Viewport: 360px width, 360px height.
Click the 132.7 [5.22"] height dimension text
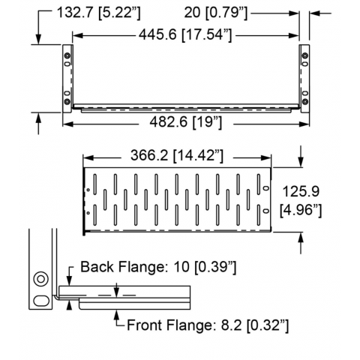click(99, 13)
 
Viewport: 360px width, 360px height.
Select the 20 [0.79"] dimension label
click(216, 13)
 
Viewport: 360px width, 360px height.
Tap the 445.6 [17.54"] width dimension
click(185, 34)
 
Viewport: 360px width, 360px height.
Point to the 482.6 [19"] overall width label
click(185, 122)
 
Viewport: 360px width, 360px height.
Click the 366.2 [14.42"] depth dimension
click(177, 155)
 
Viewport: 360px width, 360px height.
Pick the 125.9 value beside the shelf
click(301, 192)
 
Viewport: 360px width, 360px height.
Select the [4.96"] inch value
click(301, 210)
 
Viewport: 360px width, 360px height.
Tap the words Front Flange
click(169, 325)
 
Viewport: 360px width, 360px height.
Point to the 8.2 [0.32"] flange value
click(255, 325)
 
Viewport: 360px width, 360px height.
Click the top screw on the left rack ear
click(67, 55)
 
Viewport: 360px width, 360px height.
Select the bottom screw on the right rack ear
click(305, 101)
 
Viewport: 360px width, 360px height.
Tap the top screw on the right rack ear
click(305, 55)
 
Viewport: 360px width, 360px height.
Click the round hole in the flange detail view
click(41, 279)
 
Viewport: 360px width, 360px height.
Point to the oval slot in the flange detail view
click(41, 300)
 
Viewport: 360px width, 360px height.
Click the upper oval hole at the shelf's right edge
click(266, 188)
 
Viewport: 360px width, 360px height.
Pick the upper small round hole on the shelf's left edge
click(88, 190)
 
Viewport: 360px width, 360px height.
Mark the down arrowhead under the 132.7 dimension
click(38, 40)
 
